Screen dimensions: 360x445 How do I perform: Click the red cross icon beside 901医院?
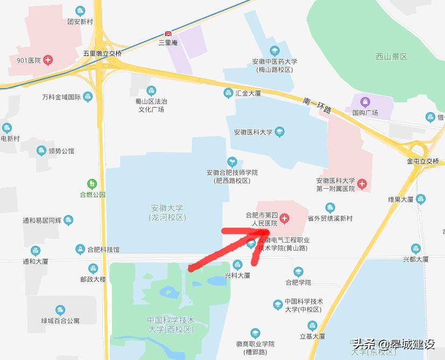coord(48,60)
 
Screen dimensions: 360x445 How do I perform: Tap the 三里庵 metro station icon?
coord(168,33)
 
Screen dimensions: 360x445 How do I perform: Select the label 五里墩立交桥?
coord(102,54)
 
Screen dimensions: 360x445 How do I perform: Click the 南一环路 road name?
coord(316,105)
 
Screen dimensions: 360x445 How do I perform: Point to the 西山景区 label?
coord(391,57)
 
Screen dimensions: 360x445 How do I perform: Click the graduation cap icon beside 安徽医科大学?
coord(279,131)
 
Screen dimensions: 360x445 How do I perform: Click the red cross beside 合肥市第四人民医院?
coord(284,219)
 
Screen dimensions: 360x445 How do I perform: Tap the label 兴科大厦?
coord(238,275)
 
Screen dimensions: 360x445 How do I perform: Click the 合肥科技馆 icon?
coord(80,249)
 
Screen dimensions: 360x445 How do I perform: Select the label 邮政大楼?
coord(93,280)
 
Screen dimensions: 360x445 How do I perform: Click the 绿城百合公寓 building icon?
coord(60,310)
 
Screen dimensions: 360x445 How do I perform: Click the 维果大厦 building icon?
coord(421,199)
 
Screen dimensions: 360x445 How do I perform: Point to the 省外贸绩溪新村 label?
coord(330,218)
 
